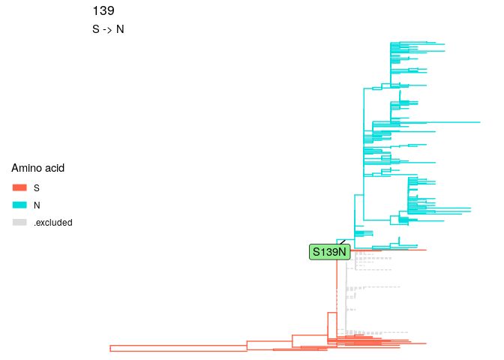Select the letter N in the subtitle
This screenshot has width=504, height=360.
point(120,30)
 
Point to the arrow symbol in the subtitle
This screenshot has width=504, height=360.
point(108,30)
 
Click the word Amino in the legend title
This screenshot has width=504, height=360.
point(26,169)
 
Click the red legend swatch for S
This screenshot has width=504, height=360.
point(20,187)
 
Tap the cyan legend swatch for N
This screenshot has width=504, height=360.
point(20,205)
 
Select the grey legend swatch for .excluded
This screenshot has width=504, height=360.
point(20,223)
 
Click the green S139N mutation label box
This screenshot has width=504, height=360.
point(330,252)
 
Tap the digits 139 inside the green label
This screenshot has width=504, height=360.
point(331,252)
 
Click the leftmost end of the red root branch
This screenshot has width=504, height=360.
point(110,348)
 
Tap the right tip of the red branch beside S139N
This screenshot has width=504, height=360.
point(426,250)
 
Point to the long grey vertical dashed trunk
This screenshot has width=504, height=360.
point(346,292)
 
